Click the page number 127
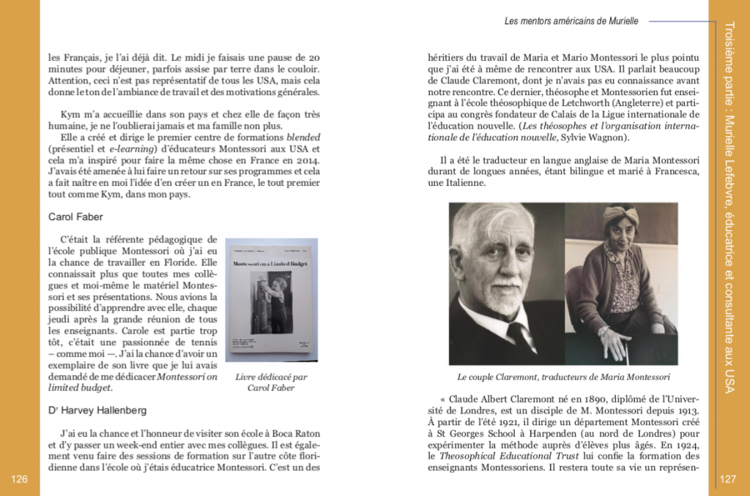point(728,479)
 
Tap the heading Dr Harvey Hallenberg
point(97,410)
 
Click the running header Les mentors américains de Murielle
point(571,21)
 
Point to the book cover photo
point(271,299)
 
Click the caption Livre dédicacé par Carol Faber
point(271,382)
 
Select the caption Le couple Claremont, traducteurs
point(563,377)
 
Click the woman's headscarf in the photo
point(621,214)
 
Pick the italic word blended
point(303,138)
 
